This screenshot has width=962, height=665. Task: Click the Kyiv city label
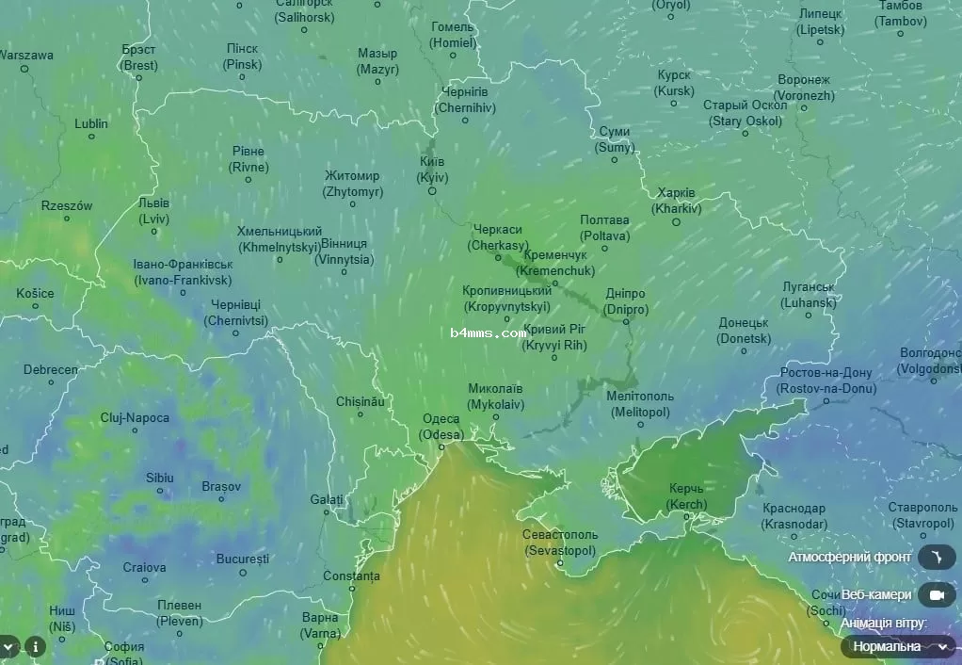coord(432,170)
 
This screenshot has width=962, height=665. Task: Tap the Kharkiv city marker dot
coord(676,221)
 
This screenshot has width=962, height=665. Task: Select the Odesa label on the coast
coord(441,427)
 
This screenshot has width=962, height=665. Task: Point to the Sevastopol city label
coord(559,542)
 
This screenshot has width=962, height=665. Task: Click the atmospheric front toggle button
coord(936,558)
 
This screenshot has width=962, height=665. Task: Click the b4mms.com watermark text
coord(488,333)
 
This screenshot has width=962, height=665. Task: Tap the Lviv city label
coord(153,210)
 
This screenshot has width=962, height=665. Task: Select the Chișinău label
coord(361,401)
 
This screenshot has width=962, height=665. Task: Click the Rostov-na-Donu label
coord(826,381)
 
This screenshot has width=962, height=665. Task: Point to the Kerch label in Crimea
coord(686,496)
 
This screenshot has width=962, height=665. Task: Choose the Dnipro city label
coord(626,301)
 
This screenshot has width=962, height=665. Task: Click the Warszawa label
coord(26,55)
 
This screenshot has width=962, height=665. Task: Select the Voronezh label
coord(804,88)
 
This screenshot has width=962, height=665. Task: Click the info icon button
coord(35,646)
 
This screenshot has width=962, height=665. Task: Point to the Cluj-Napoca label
coord(135,417)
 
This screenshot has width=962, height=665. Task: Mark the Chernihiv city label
coord(464,100)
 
